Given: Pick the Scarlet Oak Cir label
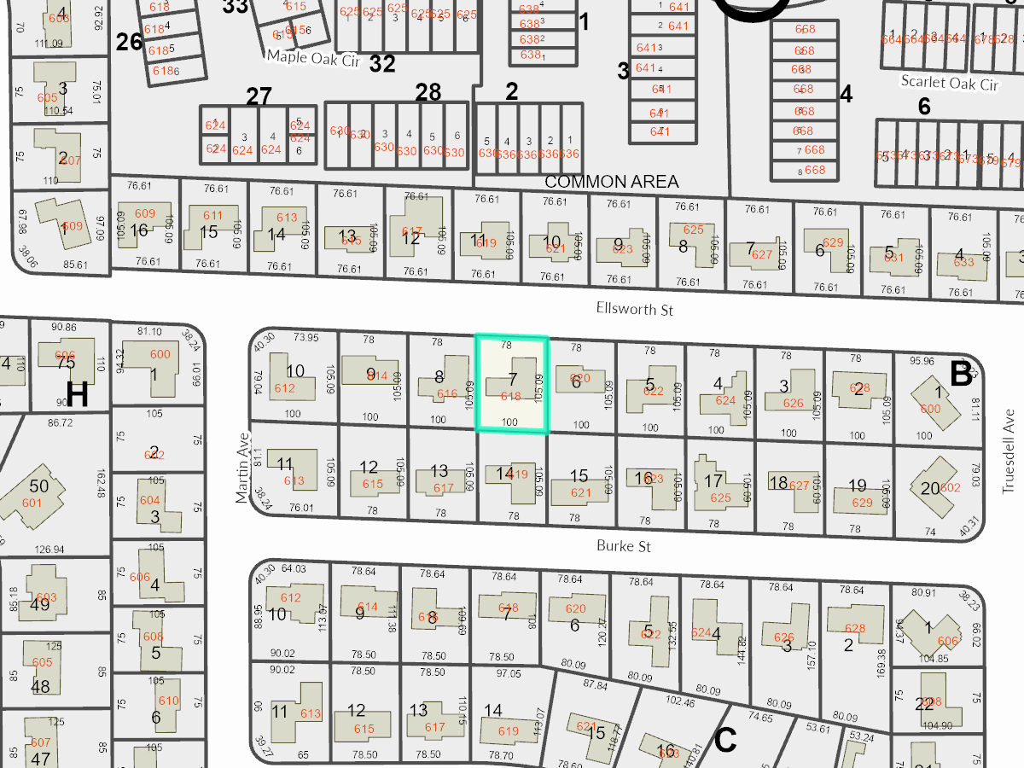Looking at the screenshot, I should point(950,84).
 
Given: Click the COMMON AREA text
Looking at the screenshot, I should point(611,182).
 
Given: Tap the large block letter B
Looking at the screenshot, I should point(961,374).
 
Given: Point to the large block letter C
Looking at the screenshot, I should point(724,741).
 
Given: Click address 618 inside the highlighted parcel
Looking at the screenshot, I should point(510,396).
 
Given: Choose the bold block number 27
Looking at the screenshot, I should point(259,96).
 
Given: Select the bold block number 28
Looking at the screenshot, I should point(428,91).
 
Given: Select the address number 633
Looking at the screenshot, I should point(963,262).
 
